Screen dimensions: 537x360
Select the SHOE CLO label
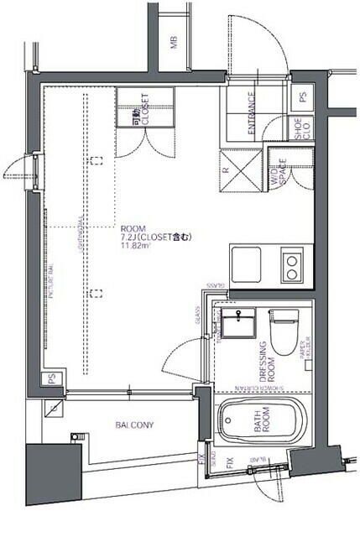point(298,128)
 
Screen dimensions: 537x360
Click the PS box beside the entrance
point(301,97)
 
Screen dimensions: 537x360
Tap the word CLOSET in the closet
point(145,108)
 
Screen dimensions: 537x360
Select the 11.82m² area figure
point(133,247)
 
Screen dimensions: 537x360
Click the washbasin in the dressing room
point(239,323)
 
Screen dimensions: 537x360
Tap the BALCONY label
point(134,425)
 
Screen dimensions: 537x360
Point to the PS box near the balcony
point(52,378)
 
